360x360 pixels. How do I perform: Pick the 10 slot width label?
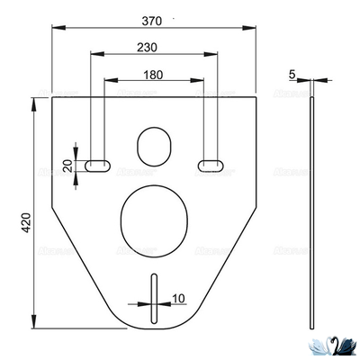pyautogui.click(x=179, y=298)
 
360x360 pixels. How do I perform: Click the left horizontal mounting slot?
pyautogui.click(x=97, y=164)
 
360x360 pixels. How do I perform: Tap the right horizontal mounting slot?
pyautogui.click(x=211, y=164)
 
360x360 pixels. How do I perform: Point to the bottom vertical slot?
pyautogui.click(x=155, y=294)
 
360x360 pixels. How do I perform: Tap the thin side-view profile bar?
pyautogui.click(x=311, y=213)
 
